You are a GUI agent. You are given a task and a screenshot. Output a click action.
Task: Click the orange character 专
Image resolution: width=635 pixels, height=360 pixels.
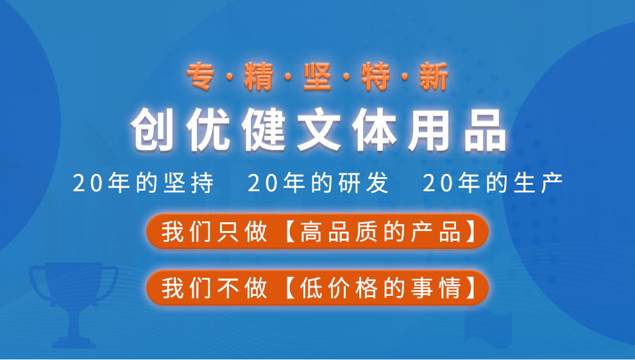coord(201,76)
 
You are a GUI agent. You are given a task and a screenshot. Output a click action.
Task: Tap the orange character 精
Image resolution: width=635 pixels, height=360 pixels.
coord(258,76)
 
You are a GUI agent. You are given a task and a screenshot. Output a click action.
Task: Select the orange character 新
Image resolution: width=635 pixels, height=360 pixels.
coord(434,76)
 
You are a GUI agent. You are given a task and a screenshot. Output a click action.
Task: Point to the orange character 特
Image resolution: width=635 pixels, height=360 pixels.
coord(375,76)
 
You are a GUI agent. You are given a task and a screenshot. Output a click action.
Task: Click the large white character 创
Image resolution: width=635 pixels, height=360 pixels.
coord(152,130)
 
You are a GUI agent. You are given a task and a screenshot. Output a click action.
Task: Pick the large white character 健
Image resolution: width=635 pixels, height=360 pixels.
coord(263,130)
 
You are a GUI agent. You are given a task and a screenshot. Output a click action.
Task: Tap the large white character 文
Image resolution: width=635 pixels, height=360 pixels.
coord(319,130)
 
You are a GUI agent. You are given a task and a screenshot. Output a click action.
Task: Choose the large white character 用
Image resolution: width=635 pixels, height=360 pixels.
coord(429,130)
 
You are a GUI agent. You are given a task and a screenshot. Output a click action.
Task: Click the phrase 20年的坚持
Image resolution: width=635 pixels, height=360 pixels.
coord(143,183)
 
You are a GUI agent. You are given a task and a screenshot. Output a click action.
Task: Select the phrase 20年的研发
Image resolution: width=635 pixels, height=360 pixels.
coord(318,183)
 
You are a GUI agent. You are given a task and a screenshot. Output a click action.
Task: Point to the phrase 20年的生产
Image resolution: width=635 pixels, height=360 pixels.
coord(493,183)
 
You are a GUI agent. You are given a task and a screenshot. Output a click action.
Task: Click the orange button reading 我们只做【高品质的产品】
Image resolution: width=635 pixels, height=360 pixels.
coord(317,231)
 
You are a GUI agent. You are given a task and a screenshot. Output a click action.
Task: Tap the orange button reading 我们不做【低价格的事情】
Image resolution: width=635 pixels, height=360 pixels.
coord(317,287)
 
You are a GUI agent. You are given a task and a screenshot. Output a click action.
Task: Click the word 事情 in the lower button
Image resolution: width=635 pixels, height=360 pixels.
coord(436,288)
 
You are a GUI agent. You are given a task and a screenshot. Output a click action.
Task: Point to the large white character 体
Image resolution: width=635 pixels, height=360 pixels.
coord(374,130)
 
